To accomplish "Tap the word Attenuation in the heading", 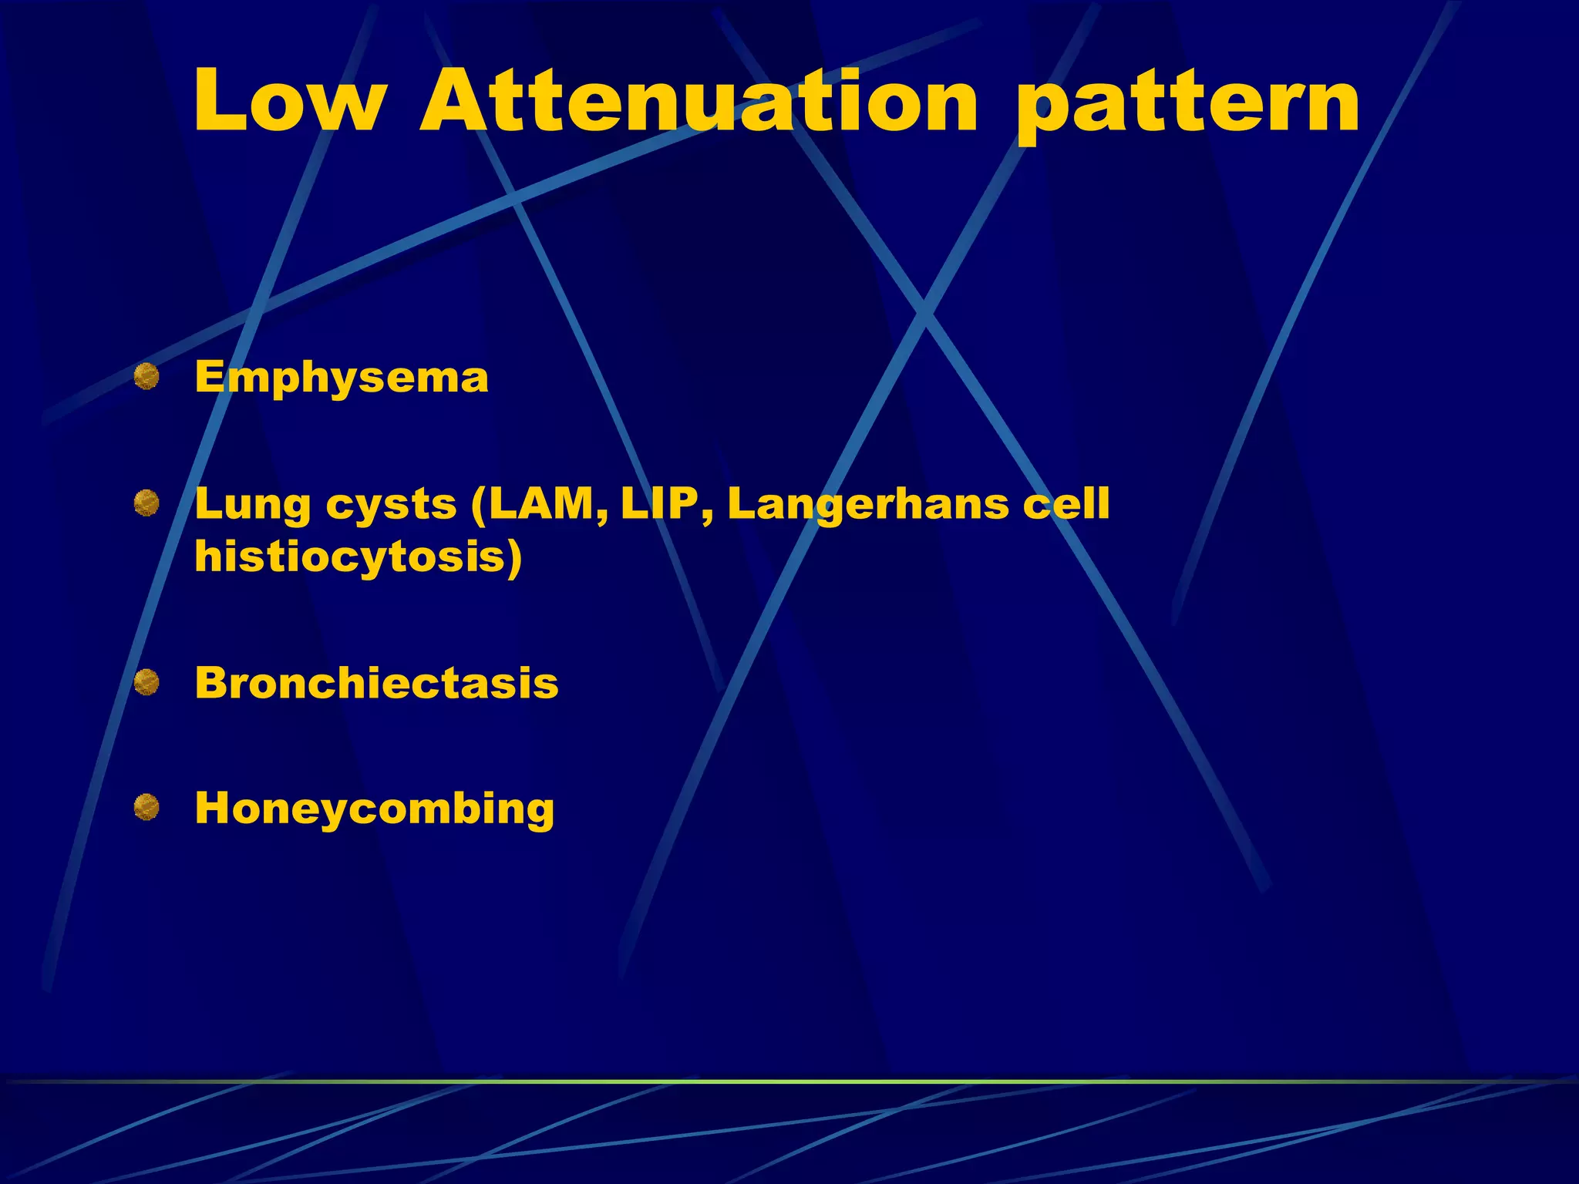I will click(699, 102).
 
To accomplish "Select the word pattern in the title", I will click(1187, 108).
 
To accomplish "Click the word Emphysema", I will click(342, 378).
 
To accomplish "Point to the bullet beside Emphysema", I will click(146, 378).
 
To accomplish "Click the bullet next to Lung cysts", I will click(146, 504).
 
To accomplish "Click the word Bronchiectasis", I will click(376, 683).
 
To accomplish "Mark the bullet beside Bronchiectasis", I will click(146, 682).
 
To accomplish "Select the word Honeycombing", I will click(375, 810).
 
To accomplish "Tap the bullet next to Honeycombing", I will click(146, 808).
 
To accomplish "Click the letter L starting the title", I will click(221, 102).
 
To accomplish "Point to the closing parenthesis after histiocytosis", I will click(513, 557).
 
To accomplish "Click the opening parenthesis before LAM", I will click(478, 506).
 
